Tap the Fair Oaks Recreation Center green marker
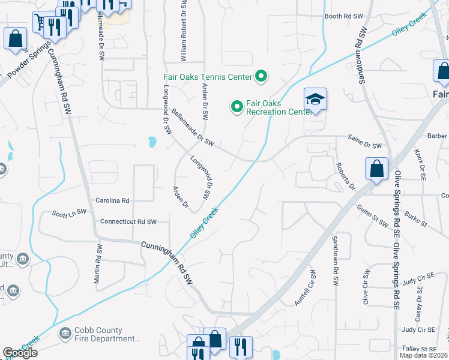click(x=237, y=107)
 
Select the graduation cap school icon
click(x=315, y=99)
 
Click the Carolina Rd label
click(x=112, y=200)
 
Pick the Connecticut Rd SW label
click(x=128, y=221)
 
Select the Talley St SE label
click(x=419, y=349)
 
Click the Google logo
click(x=20, y=352)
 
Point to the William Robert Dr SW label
click(x=184, y=30)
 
